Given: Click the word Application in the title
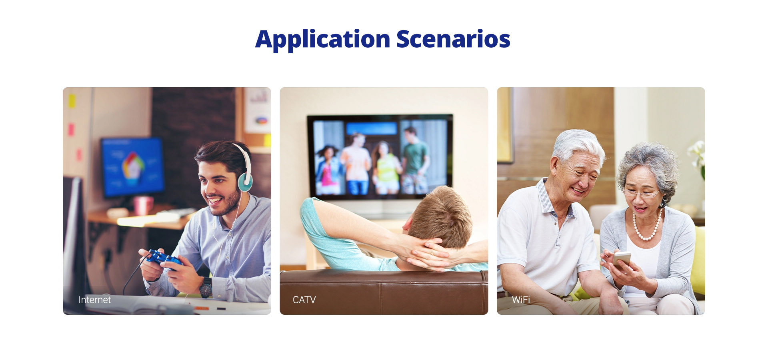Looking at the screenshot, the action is click(x=323, y=40).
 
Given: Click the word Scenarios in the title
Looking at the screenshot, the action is click(x=453, y=39).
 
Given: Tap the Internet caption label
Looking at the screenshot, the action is click(x=94, y=300).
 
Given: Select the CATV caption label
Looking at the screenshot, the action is click(x=304, y=300).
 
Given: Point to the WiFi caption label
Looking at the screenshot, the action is click(x=521, y=300).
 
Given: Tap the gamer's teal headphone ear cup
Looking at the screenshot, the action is click(x=245, y=182).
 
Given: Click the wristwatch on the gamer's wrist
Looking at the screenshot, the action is click(x=206, y=287).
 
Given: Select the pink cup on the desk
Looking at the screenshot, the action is click(x=143, y=205).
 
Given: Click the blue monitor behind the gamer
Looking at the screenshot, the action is click(x=132, y=167).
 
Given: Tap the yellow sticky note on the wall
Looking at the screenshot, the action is click(x=72, y=101).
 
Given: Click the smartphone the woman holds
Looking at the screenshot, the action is click(x=621, y=260).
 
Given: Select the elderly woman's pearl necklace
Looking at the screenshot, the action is click(x=646, y=225).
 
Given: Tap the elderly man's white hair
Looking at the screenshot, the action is click(x=578, y=144).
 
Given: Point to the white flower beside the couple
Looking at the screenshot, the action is click(x=697, y=154).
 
